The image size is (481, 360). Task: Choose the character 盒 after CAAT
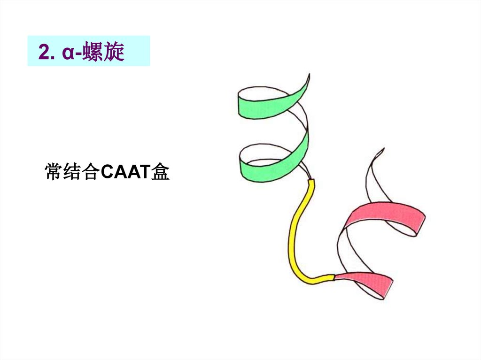(160, 172)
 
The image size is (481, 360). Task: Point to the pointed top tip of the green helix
(309, 75)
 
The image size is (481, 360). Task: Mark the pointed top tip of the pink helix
(383, 149)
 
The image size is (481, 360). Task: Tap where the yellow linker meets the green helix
(311, 181)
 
